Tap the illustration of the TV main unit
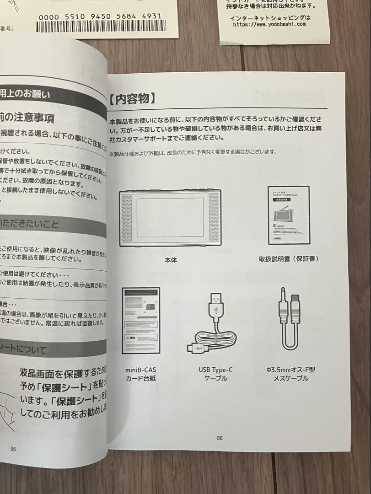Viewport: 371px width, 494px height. [x=170, y=218]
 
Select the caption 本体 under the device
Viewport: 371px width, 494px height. [x=171, y=260]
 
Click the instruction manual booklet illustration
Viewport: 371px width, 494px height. [x=288, y=215]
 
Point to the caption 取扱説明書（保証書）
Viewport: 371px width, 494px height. [x=288, y=259]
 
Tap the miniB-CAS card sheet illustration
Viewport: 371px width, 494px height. [x=141, y=320]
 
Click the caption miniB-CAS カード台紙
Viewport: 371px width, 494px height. [x=140, y=374]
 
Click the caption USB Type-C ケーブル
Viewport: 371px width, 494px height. [x=215, y=374]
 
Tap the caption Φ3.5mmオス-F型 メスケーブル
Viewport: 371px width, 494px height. [x=290, y=374]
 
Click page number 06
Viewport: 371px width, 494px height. [x=220, y=438]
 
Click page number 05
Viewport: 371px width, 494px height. [x=13, y=449]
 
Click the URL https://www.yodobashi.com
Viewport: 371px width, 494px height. [x=269, y=24]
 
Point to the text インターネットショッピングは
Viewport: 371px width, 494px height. [x=270, y=18]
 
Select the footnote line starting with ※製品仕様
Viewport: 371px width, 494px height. [x=192, y=152]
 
